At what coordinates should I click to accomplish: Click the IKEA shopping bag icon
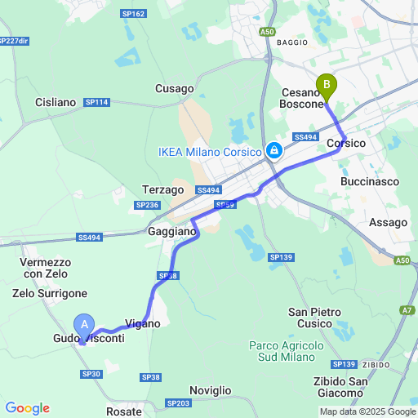pos(274,151)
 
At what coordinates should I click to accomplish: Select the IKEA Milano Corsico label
pos(208,151)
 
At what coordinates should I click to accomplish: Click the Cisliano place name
pos(56,102)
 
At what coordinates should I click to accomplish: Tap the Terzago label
pos(162,189)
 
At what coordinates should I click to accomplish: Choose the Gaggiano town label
pos(172,232)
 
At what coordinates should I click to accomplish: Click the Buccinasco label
pos(367,180)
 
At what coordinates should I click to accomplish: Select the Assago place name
pos(388,222)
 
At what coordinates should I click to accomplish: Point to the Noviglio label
pos(210,391)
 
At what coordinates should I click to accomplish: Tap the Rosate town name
pos(124,411)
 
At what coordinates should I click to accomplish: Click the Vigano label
pos(142,323)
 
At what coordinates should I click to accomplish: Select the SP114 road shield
pos(97,102)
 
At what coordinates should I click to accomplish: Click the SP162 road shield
pos(133,14)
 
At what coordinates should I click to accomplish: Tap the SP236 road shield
pos(147,205)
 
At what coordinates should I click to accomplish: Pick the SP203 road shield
pos(177,403)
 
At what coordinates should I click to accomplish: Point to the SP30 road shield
pos(91,374)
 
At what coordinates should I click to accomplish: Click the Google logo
pos(27,408)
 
